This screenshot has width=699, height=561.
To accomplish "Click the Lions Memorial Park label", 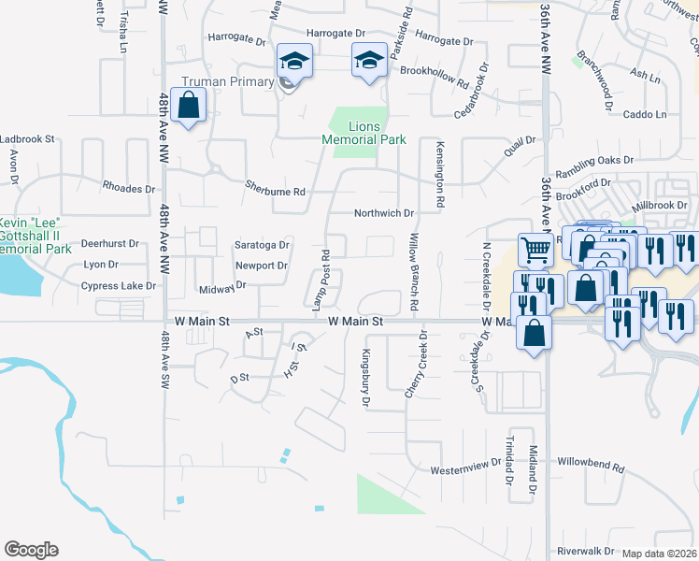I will [x=364, y=133].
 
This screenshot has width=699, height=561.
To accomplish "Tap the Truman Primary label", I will [x=228, y=82].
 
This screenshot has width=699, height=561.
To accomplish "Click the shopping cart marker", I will [x=535, y=250].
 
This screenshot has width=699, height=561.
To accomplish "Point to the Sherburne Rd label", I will [x=275, y=192].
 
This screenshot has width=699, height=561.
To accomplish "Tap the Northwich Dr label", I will [x=383, y=213].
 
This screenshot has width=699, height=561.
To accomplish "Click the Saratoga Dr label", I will [x=262, y=245].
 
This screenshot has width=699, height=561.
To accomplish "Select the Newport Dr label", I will [x=261, y=266].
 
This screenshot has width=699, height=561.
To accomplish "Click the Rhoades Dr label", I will [x=128, y=188].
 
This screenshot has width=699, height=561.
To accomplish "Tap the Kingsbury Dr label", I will [x=366, y=378].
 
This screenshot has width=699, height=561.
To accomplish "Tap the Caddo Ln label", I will [x=645, y=114].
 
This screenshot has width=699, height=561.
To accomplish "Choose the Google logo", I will [x=31, y=550].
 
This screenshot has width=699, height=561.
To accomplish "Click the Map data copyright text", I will [x=659, y=554].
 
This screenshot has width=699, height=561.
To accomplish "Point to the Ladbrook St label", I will [x=28, y=138].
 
